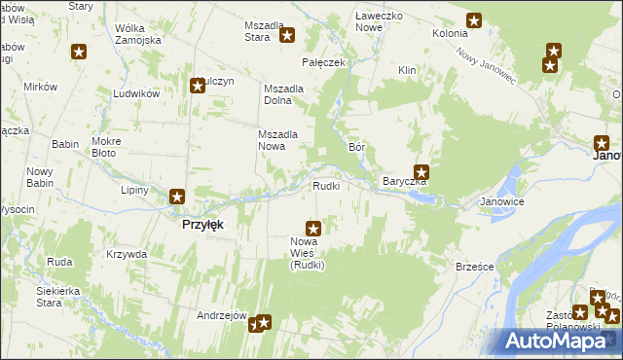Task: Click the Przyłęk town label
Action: tap(203, 224)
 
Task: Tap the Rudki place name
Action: tap(325, 186)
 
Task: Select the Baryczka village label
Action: tap(404, 182)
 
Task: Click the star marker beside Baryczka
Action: tap(421, 172)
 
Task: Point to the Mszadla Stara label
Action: tap(263, 31)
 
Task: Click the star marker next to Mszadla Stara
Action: tap(288, 36)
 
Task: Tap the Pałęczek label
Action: tap(324, 62)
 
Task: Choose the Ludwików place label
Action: tap(136, 93)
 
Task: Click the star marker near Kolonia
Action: tap(474, 19)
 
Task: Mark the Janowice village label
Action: tap(502, 202)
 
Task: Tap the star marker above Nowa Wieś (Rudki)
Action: tap(312, 228)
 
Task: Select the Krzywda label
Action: tap(128, 254)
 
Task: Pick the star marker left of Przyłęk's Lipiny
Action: tap(177, 197)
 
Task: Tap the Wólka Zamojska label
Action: tap(136, 34)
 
